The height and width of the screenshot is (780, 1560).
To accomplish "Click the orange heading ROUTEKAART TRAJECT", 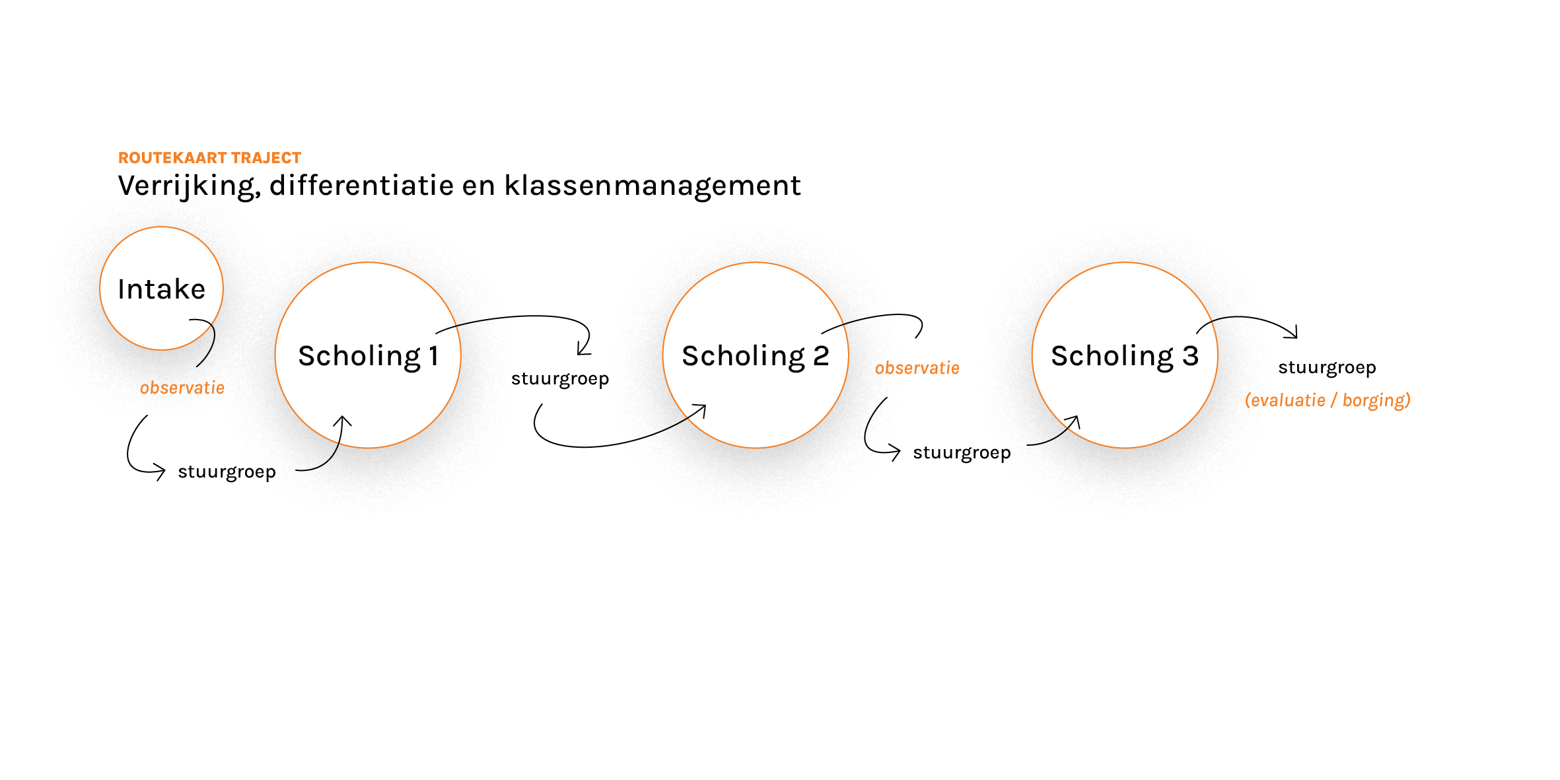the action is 209,158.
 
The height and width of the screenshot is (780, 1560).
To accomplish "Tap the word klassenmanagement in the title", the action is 653,185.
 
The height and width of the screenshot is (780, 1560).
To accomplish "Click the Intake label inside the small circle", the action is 162,289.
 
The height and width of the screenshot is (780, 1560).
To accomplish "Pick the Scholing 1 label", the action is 369,356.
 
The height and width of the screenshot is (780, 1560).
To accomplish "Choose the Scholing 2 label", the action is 756,356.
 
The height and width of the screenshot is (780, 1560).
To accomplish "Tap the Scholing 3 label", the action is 1125,356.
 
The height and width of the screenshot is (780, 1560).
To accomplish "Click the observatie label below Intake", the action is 182,388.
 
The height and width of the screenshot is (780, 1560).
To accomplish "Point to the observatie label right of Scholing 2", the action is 917,368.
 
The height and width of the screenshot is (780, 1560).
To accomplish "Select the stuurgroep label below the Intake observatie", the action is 227,472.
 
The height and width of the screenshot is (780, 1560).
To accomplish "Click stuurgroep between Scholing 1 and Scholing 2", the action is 560,379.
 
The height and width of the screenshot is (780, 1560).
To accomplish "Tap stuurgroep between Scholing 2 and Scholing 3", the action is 962,453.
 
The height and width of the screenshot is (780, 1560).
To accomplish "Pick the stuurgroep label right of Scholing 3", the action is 1327,368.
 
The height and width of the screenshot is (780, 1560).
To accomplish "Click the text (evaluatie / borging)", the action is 1328,400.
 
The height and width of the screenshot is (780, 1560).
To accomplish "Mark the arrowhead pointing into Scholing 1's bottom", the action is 342,420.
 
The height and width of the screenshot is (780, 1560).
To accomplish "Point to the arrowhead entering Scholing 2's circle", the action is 701,409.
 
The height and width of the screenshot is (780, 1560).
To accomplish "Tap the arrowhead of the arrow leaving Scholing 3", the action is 1293,334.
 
